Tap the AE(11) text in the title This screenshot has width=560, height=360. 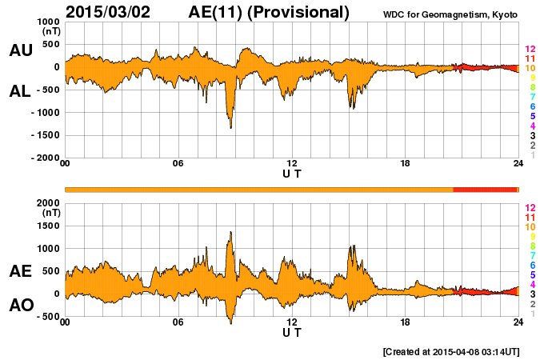tap(218, 12)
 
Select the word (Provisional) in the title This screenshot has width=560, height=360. tap(300, 12)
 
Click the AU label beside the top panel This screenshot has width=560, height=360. tap(20, 50)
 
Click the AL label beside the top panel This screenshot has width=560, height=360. tap(20, 91)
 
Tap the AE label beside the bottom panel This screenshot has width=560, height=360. tap(20, 271)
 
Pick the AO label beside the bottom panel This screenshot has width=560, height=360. tap(20, 306)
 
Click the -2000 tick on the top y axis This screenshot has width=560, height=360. tap(44, 158)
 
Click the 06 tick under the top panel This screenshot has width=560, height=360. tap(178, 164)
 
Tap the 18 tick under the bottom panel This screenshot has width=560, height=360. tap(405, 322)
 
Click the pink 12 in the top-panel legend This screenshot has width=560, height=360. tap(530, 50)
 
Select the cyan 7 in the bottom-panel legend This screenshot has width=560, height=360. tap(531, 255)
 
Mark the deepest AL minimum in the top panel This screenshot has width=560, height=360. tap(230, 127)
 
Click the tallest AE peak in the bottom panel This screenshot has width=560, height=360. tap(230, 233)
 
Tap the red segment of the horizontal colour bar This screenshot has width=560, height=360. tap(485, 189)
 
